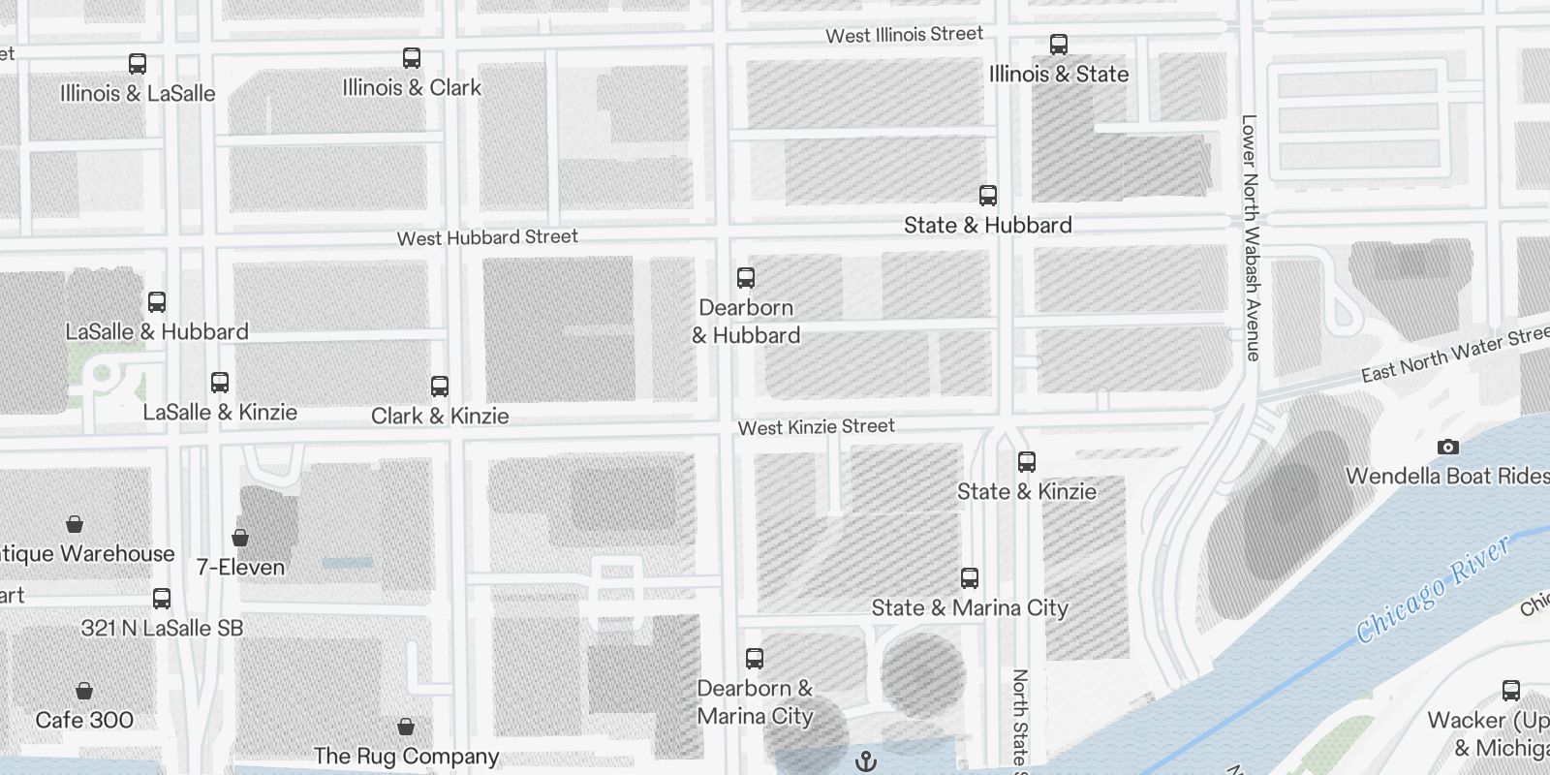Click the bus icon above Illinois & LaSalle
(138, 64)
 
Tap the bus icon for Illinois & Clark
(412, 58)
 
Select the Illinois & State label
(1059, 74)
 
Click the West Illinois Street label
(904, 35)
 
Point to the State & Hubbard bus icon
(988, 196)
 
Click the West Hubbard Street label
(487, 237)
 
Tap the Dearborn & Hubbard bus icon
(746, 278)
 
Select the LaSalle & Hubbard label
(157, 331)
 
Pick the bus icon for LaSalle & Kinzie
(220, 383)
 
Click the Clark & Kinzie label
(440, 416)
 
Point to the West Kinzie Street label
(816, 426)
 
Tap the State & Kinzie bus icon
(1027, 462)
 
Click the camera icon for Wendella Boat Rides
(1448, 447)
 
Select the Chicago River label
(1433, 589)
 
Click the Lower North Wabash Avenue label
(1251, 238)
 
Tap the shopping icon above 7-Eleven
(240, 538)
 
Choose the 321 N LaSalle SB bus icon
(162, 599)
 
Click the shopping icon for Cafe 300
(84, 691)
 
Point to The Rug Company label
(406, 756)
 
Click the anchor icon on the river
(866, 762)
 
